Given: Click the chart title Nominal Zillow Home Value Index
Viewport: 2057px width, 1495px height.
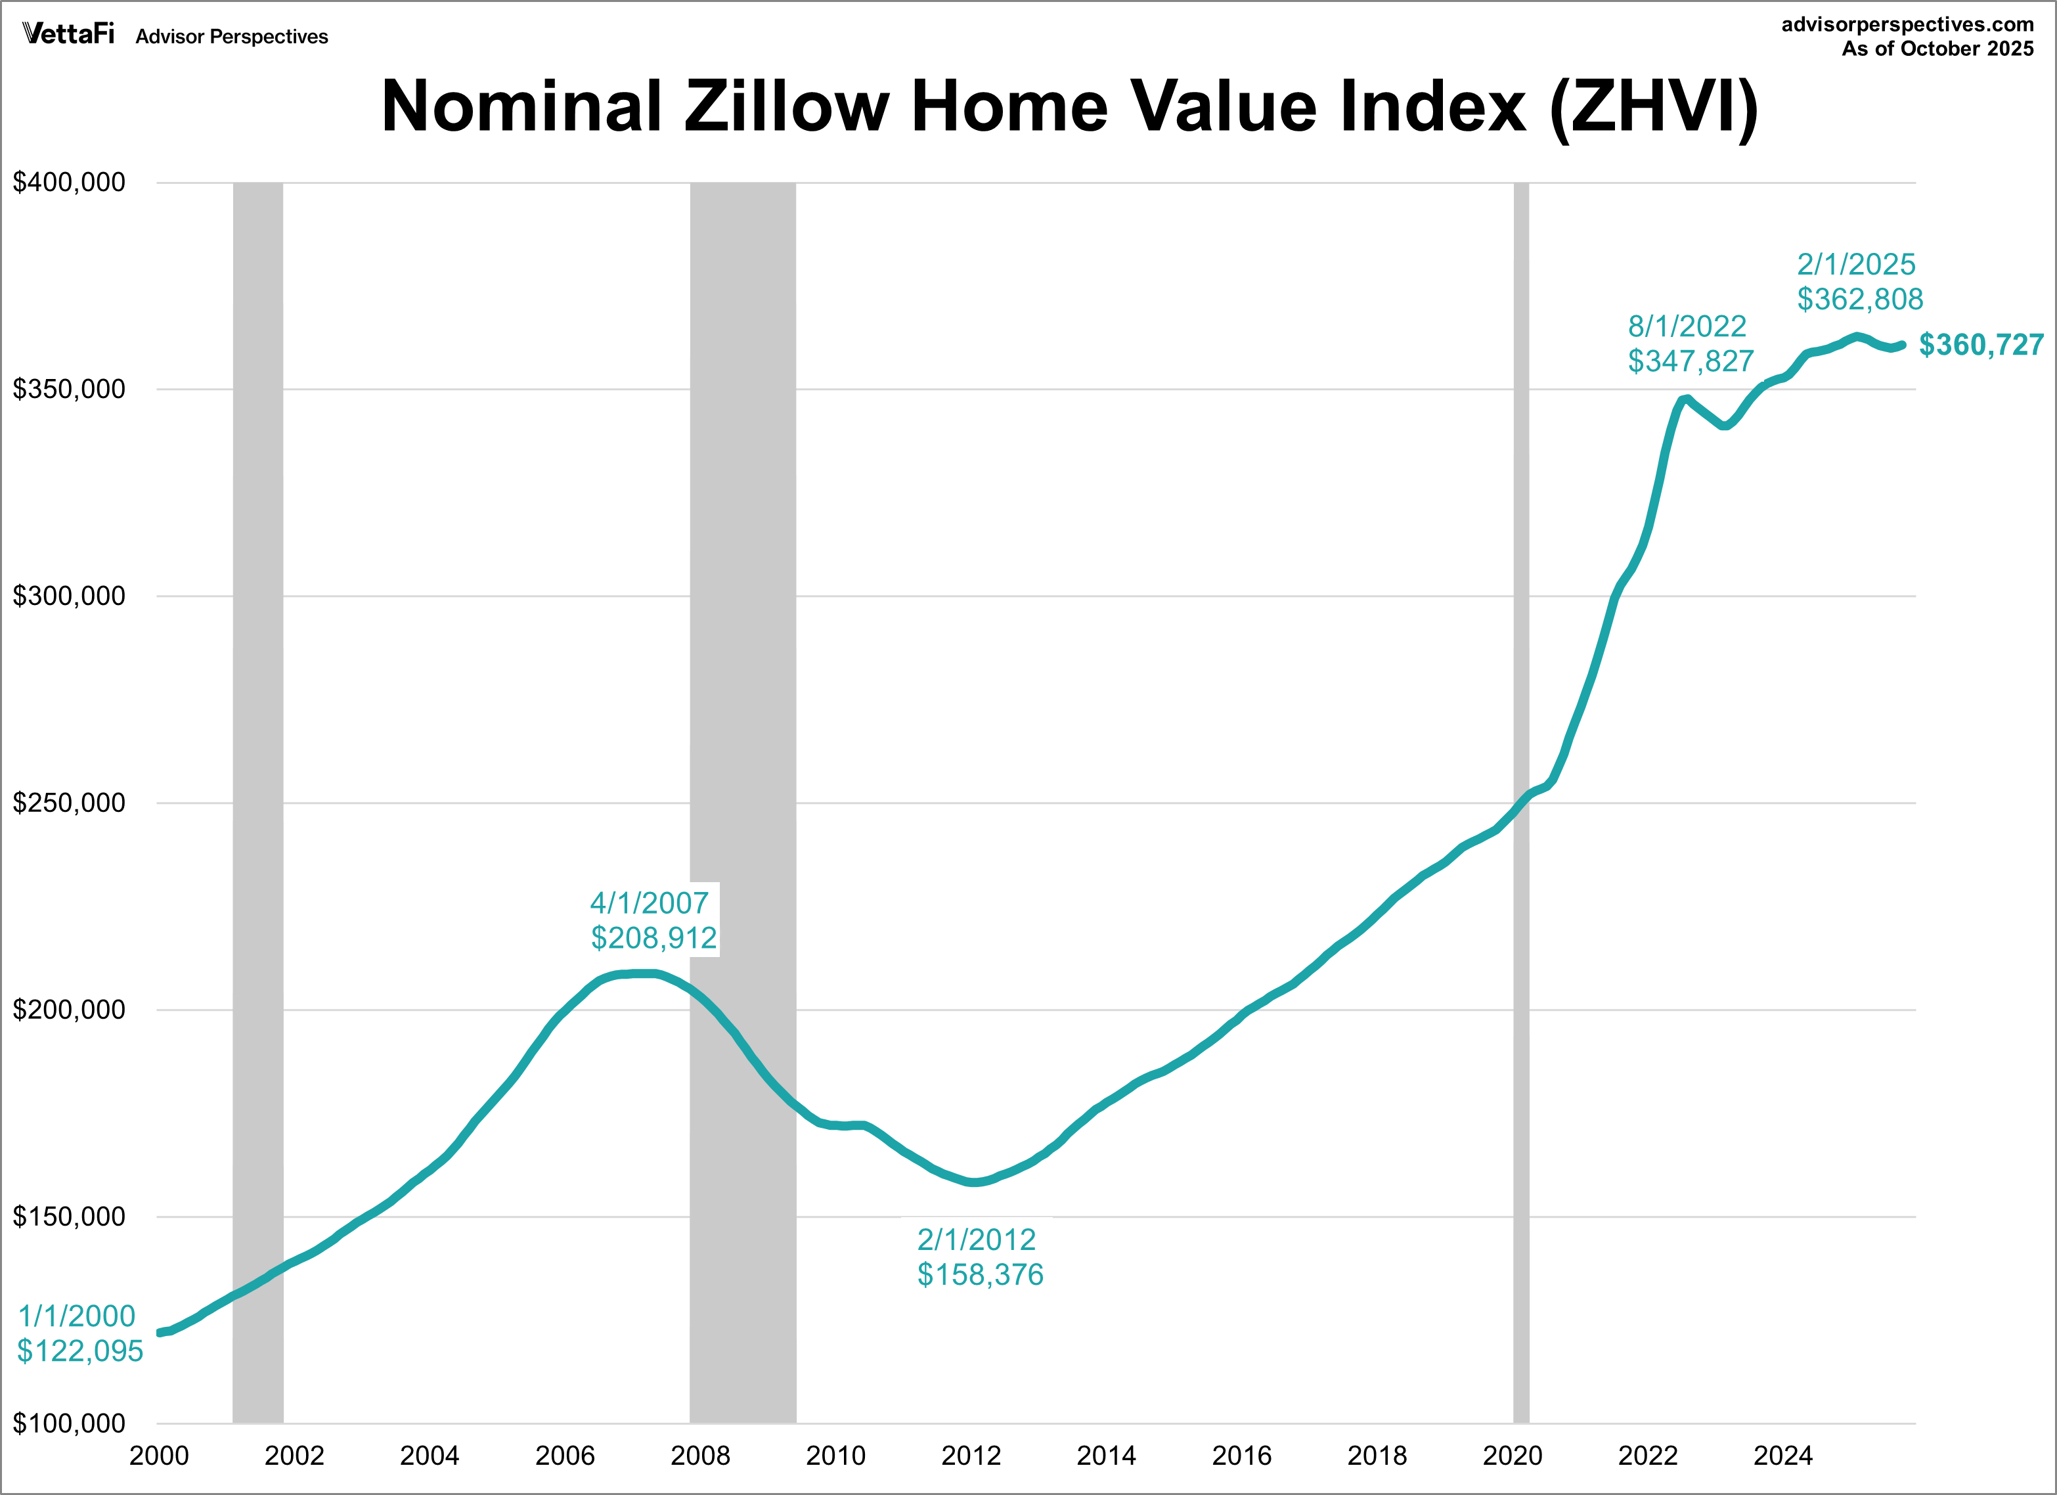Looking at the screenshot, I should click(x=1069, y=107).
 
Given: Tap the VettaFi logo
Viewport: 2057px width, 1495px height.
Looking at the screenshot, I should click(x=68, y=34).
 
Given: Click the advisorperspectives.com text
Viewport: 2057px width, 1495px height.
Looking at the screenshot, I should click(x=1907, y=24).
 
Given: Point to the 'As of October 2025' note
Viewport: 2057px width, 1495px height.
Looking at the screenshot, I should click(x=1937, y=49).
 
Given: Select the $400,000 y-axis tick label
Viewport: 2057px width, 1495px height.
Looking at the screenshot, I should click(x=69, y=183).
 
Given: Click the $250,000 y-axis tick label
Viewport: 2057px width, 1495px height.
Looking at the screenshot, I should click(x=69, y=803).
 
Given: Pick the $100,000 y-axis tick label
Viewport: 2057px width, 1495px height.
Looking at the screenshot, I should click(x=69, y=1423).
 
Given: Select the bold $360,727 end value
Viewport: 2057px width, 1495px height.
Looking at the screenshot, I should click(x=1981, y=345).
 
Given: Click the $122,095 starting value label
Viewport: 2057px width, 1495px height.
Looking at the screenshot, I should click(x=80, y=1350).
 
